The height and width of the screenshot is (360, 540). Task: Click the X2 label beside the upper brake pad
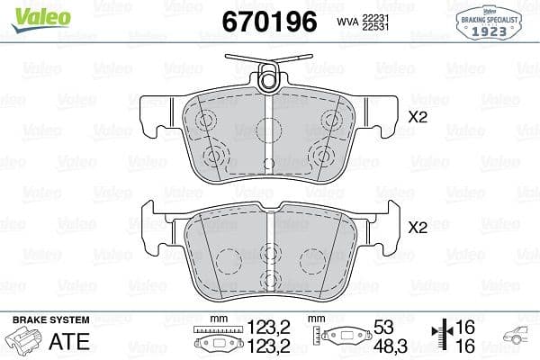(x=417, y=116)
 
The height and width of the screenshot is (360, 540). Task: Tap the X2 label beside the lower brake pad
(x=417, y=228)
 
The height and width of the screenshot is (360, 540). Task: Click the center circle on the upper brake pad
(x=266, y=127)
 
